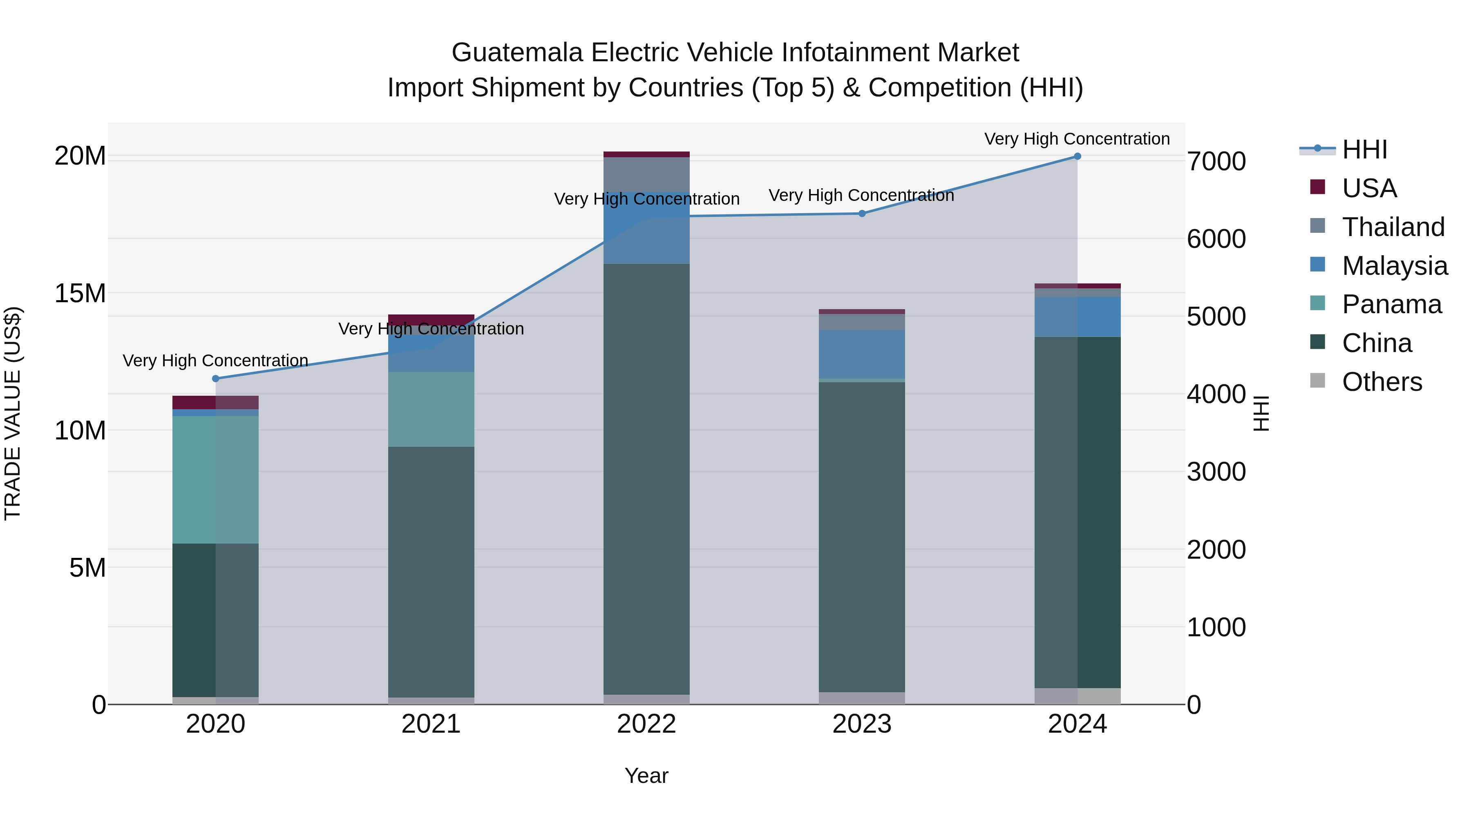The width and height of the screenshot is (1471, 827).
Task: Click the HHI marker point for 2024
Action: pos(1077,156)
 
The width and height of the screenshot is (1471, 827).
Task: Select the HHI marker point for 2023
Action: pos(862,214)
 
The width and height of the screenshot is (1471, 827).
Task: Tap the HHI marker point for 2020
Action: pos(215,379)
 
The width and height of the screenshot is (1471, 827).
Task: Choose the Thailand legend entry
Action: pos(1393,227)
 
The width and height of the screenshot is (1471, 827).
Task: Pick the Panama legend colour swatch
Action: pos(1317,303)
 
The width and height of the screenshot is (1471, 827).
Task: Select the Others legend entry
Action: pos(1382,382)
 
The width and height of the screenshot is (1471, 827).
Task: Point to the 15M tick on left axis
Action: pos(80,293)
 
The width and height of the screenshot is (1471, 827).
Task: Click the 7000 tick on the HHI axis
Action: pos(1216,161)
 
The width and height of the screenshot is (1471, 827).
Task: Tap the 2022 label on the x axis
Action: pos(646,724)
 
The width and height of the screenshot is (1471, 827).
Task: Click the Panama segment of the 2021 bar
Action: pos(431,409)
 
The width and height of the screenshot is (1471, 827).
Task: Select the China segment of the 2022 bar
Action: pos(646,479)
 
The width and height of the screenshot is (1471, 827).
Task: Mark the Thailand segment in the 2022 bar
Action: pos(646,174)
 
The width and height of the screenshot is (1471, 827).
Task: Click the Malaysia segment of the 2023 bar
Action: pos(862,354)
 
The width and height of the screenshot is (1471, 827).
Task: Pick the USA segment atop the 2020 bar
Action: pos(215,402)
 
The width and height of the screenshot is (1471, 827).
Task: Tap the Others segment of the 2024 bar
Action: pos(1077,696)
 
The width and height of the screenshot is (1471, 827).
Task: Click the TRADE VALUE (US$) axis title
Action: pos(13,413)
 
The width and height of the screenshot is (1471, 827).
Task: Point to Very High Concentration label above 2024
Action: pos(1077,139)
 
